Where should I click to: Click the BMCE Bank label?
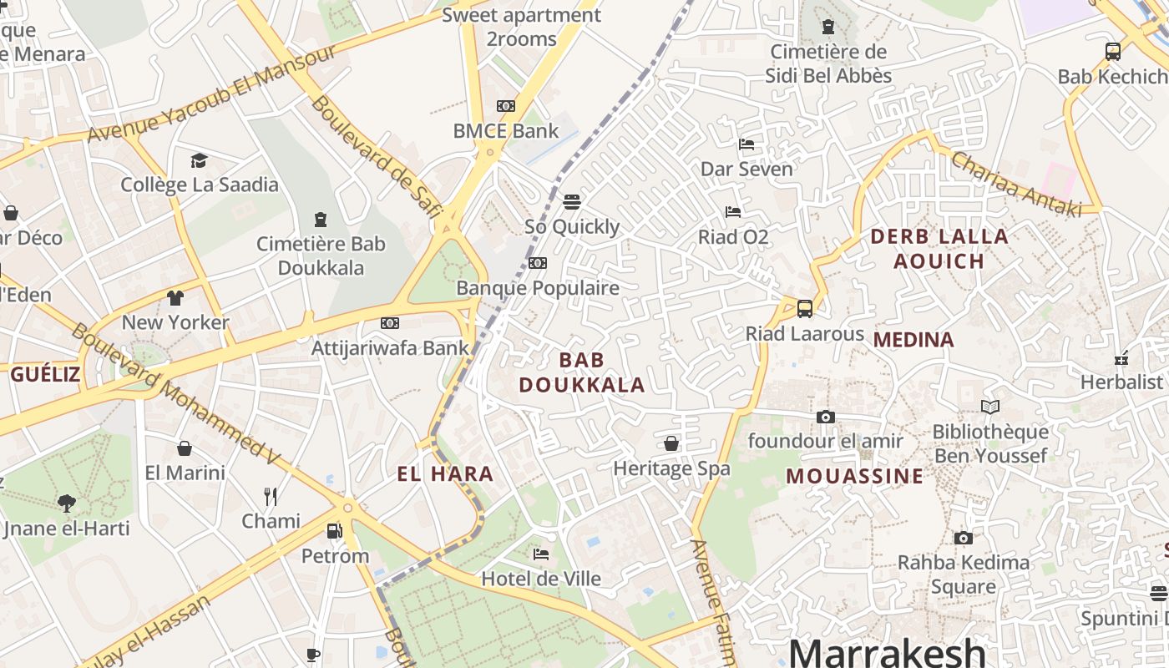pos(505,131)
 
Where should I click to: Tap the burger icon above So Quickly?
pos(572,201)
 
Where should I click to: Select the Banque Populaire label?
pos(538,288)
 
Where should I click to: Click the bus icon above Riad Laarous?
pos(804,309)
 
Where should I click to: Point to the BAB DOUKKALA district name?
pos(582,372)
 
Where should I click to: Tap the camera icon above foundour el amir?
pos(825,417)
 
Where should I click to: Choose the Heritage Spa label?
pos(671,468)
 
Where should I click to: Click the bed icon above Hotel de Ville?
pos(541,554)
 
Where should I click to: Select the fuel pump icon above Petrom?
pos(334,530)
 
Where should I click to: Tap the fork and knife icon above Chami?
pos(271,497)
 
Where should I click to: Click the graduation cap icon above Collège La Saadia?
pos(199,159)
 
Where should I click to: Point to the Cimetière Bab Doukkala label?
pos(321,256)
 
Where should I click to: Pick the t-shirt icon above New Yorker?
pos(175,297)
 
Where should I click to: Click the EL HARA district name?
pos(445,474)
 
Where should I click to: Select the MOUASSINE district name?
pos(855,476)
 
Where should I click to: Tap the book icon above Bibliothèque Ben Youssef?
pos(990,407)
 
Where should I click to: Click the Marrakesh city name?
pos(887,652)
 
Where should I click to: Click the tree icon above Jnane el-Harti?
pos(67,503)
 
